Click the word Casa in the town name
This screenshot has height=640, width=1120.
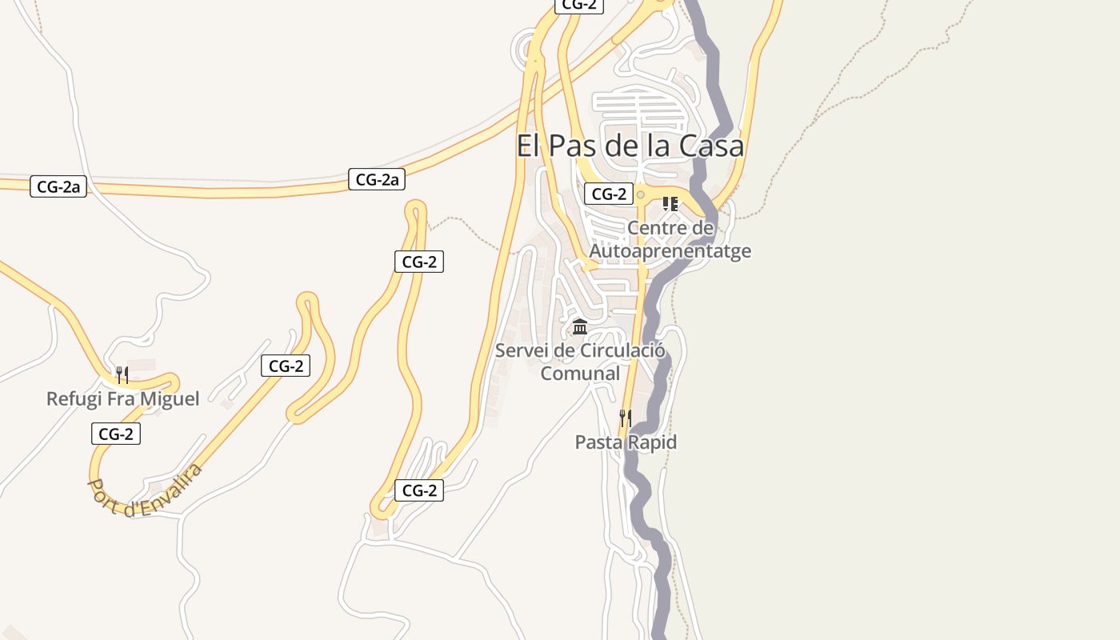tap(711, 146)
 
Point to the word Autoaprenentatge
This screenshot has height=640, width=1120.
tap(670, 250)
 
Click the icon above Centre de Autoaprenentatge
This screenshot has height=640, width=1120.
tap(670, 204)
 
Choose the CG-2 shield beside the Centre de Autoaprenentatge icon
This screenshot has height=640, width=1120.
tap(609, 194)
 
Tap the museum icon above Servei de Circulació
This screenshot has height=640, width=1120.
tap(580, 326)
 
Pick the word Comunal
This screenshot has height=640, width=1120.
tap(580, 373)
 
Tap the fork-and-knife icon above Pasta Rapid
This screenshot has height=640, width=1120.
tap(626, 418)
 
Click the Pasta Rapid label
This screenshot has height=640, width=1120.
tap(626, 442)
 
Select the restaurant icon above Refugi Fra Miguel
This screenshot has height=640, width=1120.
tap(122, 374)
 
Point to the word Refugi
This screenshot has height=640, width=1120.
tap(74, 398)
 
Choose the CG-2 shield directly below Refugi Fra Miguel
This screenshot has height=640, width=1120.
tap(116, 434)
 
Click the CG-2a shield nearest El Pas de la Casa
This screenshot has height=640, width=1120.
tap(377, 179)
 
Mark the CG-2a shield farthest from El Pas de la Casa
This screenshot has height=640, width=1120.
tap(58, 187)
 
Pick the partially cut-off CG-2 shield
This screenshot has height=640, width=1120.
tap(579, 5)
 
